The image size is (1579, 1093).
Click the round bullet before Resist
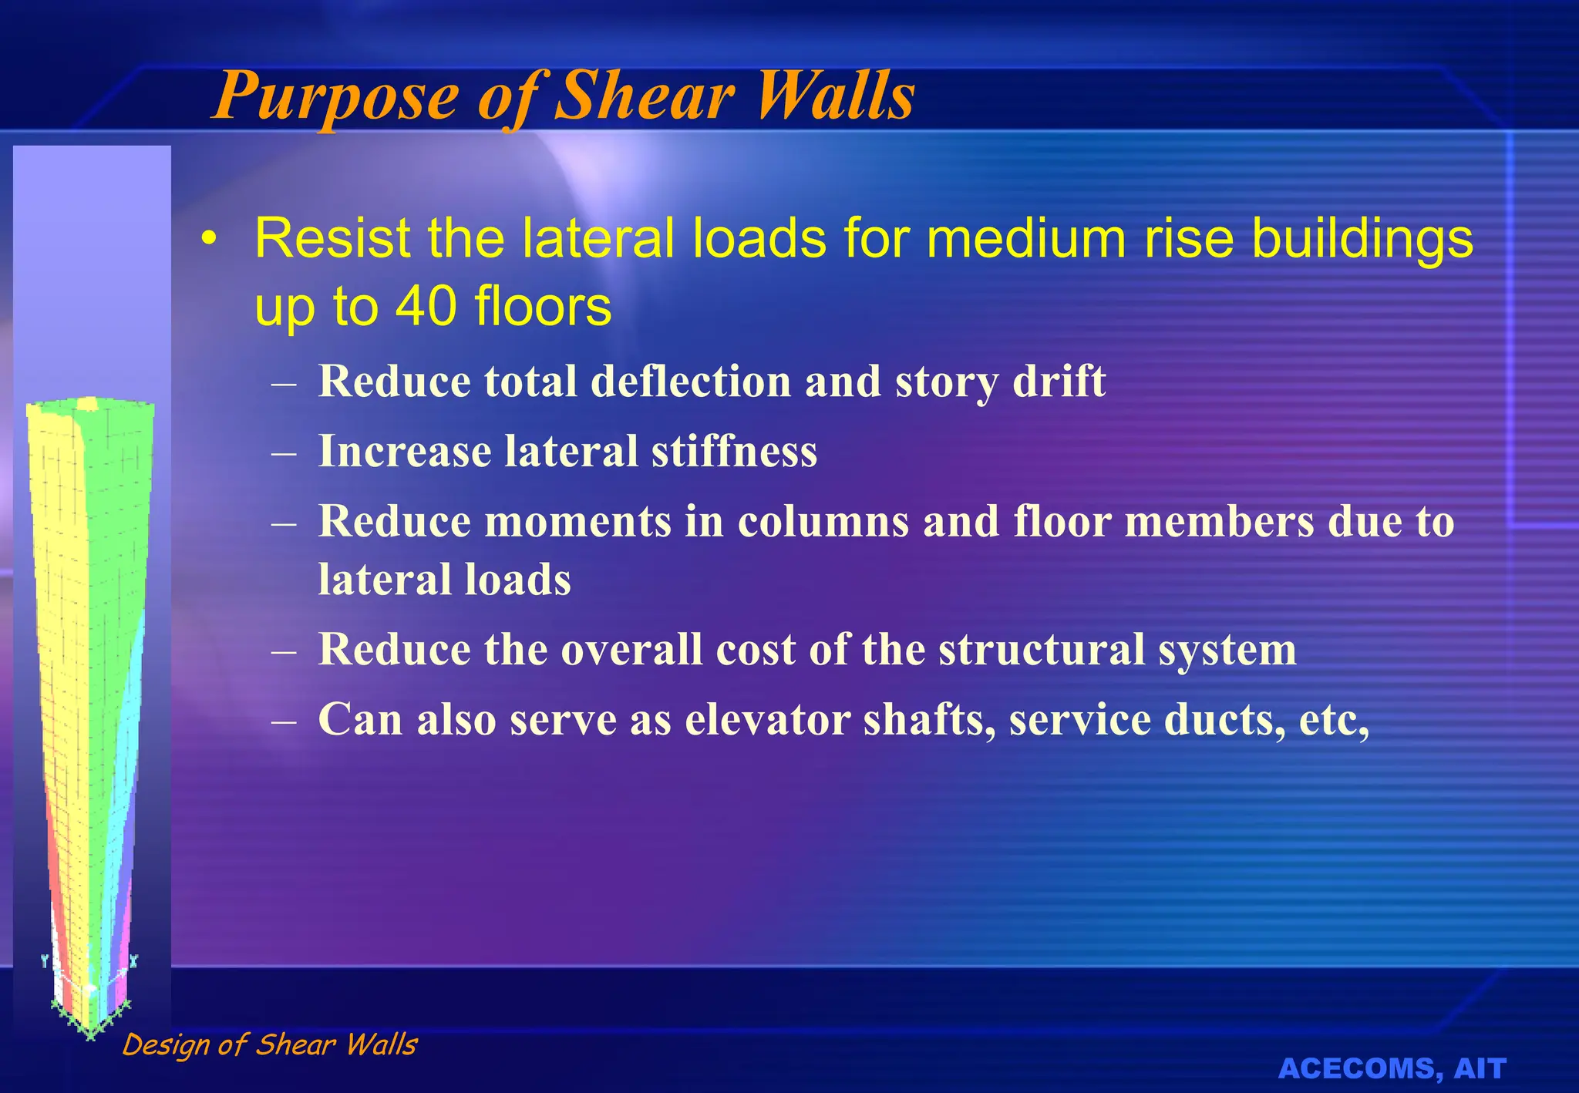click(x=207, y=240)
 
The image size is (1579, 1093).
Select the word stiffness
click(x=734, y=451)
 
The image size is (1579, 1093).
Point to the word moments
click(x=577, y=521)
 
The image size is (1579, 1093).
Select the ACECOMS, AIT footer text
click(x=1392, y=1068)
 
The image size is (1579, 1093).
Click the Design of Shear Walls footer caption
click(x=270, y=1044)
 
